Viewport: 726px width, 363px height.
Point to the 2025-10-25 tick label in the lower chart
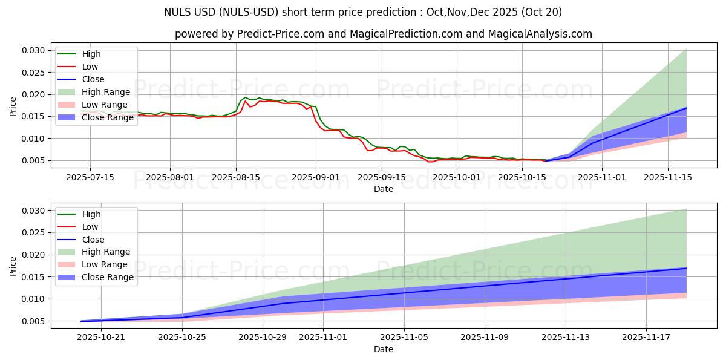182,337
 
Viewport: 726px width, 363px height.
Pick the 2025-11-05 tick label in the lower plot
404,337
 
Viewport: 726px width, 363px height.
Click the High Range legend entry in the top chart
106,92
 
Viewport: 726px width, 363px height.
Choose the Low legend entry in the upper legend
90,67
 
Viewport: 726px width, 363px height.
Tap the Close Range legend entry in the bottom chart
108,278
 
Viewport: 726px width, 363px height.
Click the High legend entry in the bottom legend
91,214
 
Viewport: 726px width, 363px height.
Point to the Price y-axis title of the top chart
13,106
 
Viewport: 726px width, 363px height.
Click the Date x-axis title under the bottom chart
384,349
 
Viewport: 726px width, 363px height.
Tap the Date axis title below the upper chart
384,189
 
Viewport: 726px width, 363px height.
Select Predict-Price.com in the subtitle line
281,34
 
